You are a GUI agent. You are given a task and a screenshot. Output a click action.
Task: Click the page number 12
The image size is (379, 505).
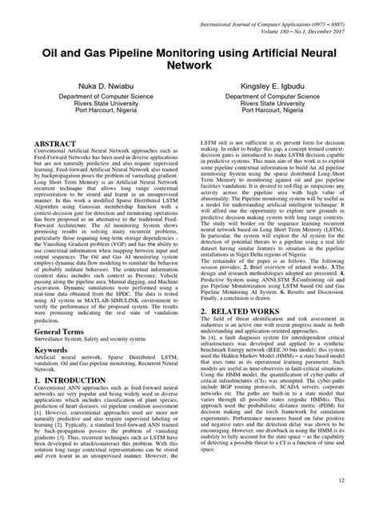tap(365, 480)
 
